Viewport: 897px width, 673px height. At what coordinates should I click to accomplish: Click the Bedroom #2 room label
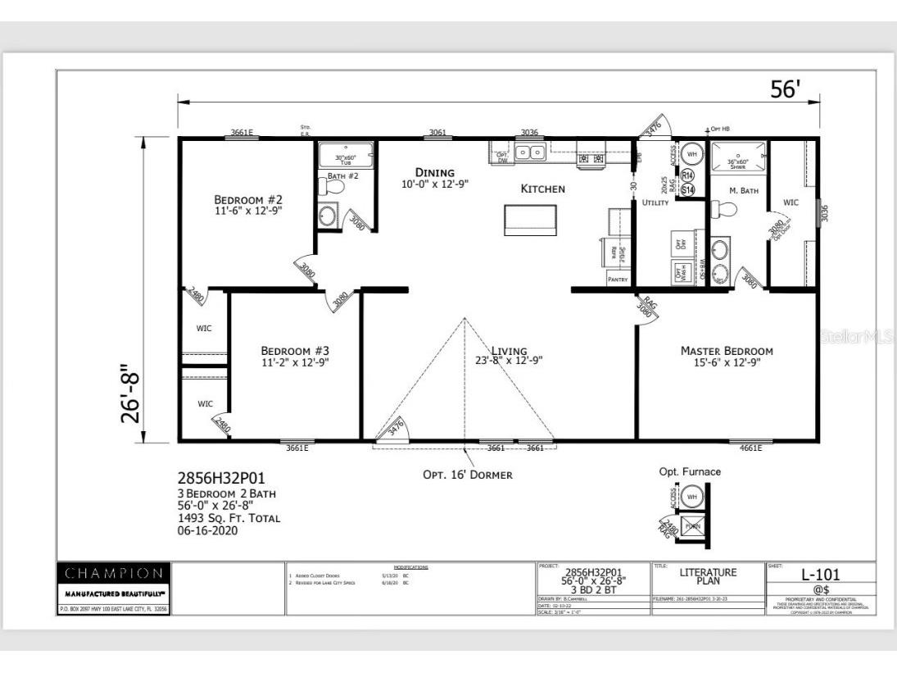[x=248, y=199]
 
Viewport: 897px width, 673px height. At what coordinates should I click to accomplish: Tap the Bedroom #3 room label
[x=295, y=350]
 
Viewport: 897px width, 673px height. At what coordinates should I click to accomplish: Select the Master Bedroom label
[x=727, y=351]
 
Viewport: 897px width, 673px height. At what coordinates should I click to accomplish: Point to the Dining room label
[x=434, y=172]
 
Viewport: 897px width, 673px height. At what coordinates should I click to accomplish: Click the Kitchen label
[x=543, y=189]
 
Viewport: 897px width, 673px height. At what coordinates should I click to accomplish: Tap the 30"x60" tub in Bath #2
[x=345, y=156]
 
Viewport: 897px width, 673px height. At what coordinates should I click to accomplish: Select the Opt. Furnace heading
[x=690, y=471]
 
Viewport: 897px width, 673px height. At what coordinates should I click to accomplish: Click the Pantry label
[x=618, y=280]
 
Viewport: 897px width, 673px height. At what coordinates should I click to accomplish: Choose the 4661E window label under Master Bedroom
[x=750, y=448]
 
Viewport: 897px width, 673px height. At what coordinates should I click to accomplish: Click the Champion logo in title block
[x=114, y=572]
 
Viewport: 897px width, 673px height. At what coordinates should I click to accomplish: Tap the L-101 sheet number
[x=820, y=575]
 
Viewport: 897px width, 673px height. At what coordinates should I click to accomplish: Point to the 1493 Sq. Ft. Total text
[x=229, y=518]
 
